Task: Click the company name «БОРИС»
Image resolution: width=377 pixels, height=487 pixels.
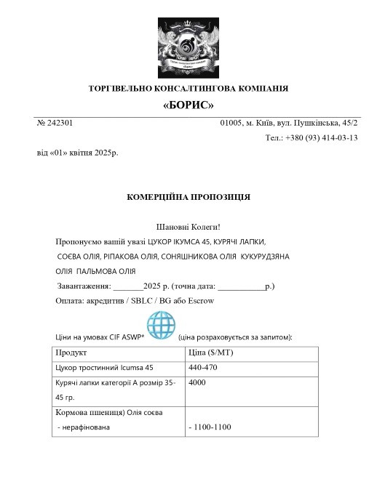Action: (188, 105)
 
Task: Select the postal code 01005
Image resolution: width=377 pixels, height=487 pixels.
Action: (232, 124)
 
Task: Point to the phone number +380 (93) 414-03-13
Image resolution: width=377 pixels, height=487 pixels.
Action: (320, 137)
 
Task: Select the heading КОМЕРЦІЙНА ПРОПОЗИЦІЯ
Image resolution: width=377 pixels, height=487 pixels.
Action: (188, 197)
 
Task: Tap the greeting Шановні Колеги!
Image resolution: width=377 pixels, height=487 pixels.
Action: (188, 228)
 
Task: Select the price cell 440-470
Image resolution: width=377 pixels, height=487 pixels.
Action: (203, 368)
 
